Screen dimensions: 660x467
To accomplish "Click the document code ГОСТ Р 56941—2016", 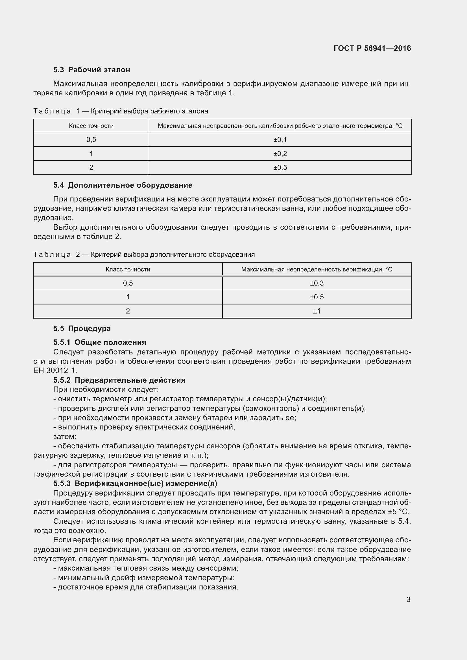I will click(x=372, y=48).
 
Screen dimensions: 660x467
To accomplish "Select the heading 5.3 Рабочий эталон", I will click(x=91, y=70).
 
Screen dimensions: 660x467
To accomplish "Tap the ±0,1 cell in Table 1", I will click(x=280, y=140).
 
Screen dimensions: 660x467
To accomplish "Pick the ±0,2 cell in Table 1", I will click(x=280, y=154).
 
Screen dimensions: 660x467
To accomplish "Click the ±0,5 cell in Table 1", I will click(x=280, y=168).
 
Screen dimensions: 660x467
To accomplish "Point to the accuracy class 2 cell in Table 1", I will click(x=91, y=168).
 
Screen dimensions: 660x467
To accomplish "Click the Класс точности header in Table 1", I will click(x=91, y=126).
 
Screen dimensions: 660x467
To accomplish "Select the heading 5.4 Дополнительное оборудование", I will click(x=123, y=185).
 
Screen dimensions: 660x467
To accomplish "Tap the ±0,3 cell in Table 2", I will click(x=317, y=283).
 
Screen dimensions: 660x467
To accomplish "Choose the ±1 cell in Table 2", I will click(x=317, y=311).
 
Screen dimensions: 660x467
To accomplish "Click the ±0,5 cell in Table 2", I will click(x=317, y=297).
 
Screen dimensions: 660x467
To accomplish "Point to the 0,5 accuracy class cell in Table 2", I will click(x=128, y=283).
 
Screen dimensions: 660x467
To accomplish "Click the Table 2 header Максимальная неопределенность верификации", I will click(x=317, y=270).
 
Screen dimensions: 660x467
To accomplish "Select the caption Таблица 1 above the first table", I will click(x=121, y=111).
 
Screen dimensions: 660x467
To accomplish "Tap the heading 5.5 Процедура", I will click(x=82, y=328).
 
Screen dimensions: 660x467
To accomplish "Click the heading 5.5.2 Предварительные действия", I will click(x=119, y=380).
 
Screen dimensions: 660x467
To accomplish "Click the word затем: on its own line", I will click(x=65, y=437).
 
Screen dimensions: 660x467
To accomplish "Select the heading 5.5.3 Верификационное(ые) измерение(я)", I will click(x=135, y=484).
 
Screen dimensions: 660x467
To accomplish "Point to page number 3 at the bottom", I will click(x=408, y=600).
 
